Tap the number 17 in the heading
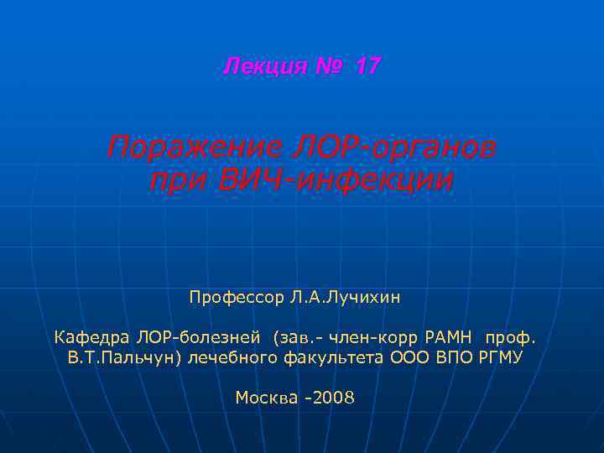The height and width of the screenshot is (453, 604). (367, 66)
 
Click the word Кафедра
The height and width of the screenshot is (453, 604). (88, 338)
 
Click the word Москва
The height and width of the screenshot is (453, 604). (266, 397)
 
